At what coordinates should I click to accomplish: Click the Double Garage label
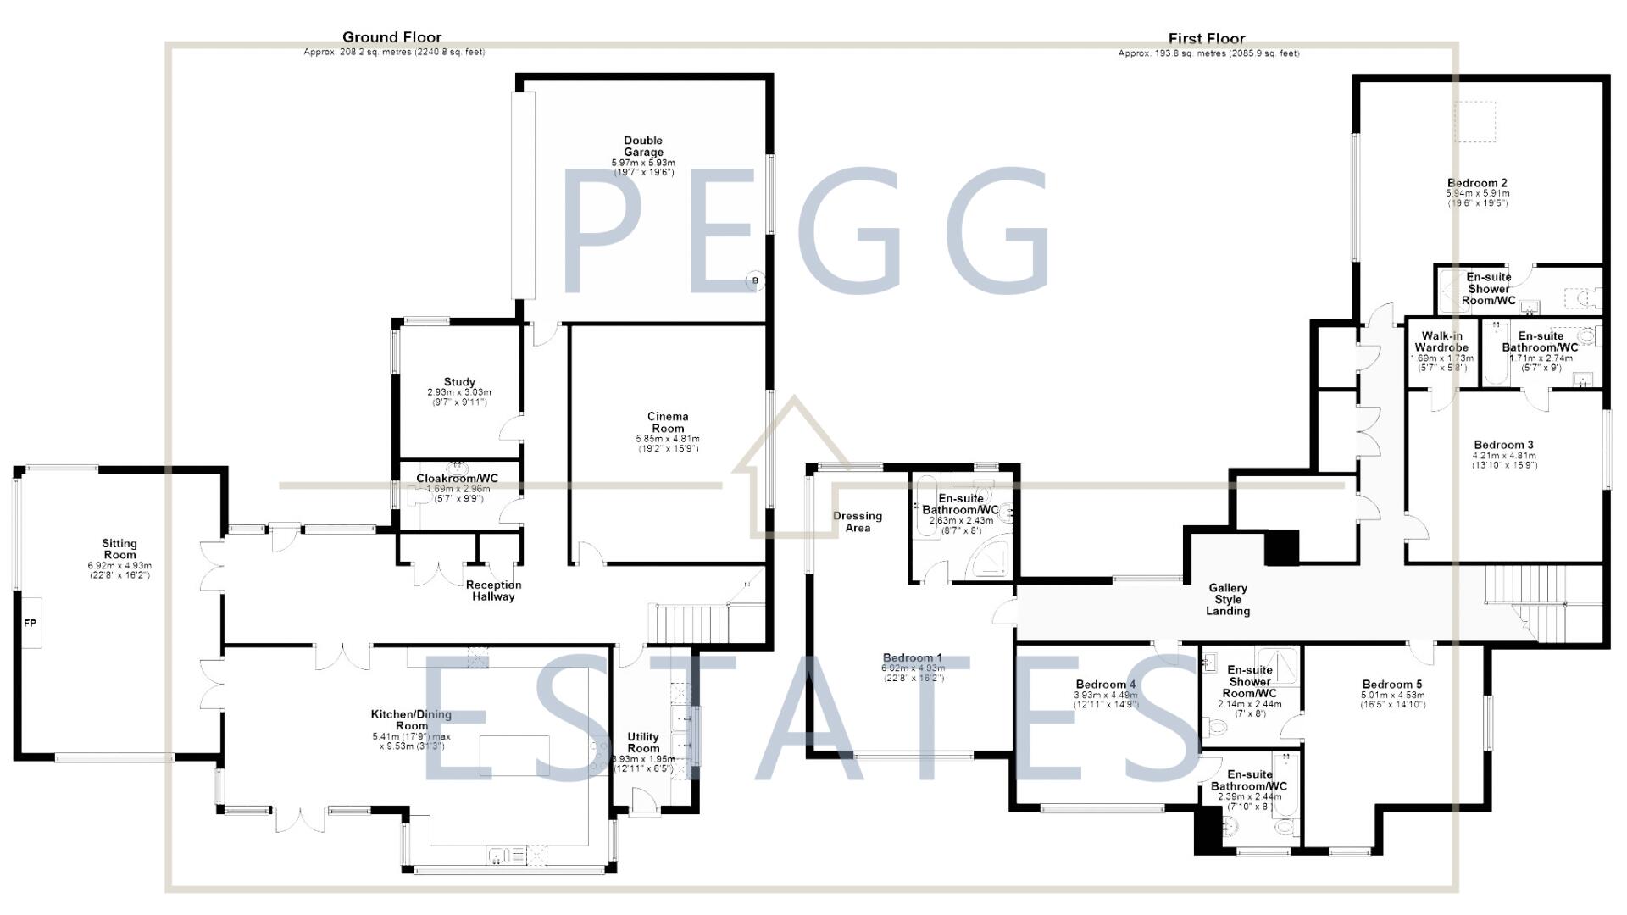coord(643,147)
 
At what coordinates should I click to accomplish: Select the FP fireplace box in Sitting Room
coord(30,623)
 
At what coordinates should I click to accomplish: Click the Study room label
coord(459,382)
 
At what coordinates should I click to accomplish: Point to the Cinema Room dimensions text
coord(668,443)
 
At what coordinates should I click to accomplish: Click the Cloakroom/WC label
coord(457,479)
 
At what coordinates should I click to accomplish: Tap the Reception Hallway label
coord(493,591)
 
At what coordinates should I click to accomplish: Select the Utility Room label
coord(643,743)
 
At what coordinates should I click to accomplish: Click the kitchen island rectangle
coord(514,757)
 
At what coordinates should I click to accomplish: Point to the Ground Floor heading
coord(391,37)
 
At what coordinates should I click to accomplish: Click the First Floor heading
coord(1207,38)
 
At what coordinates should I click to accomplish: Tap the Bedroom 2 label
coord(1477,183)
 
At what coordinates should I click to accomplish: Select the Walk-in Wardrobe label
coord(1441,341)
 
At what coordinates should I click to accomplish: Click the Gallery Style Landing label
coord(1228,599)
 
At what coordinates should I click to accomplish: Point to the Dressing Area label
coord(858,522)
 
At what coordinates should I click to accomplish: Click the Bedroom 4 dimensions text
coord(1106,700)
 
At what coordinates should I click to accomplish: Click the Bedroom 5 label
coord(1392,685)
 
